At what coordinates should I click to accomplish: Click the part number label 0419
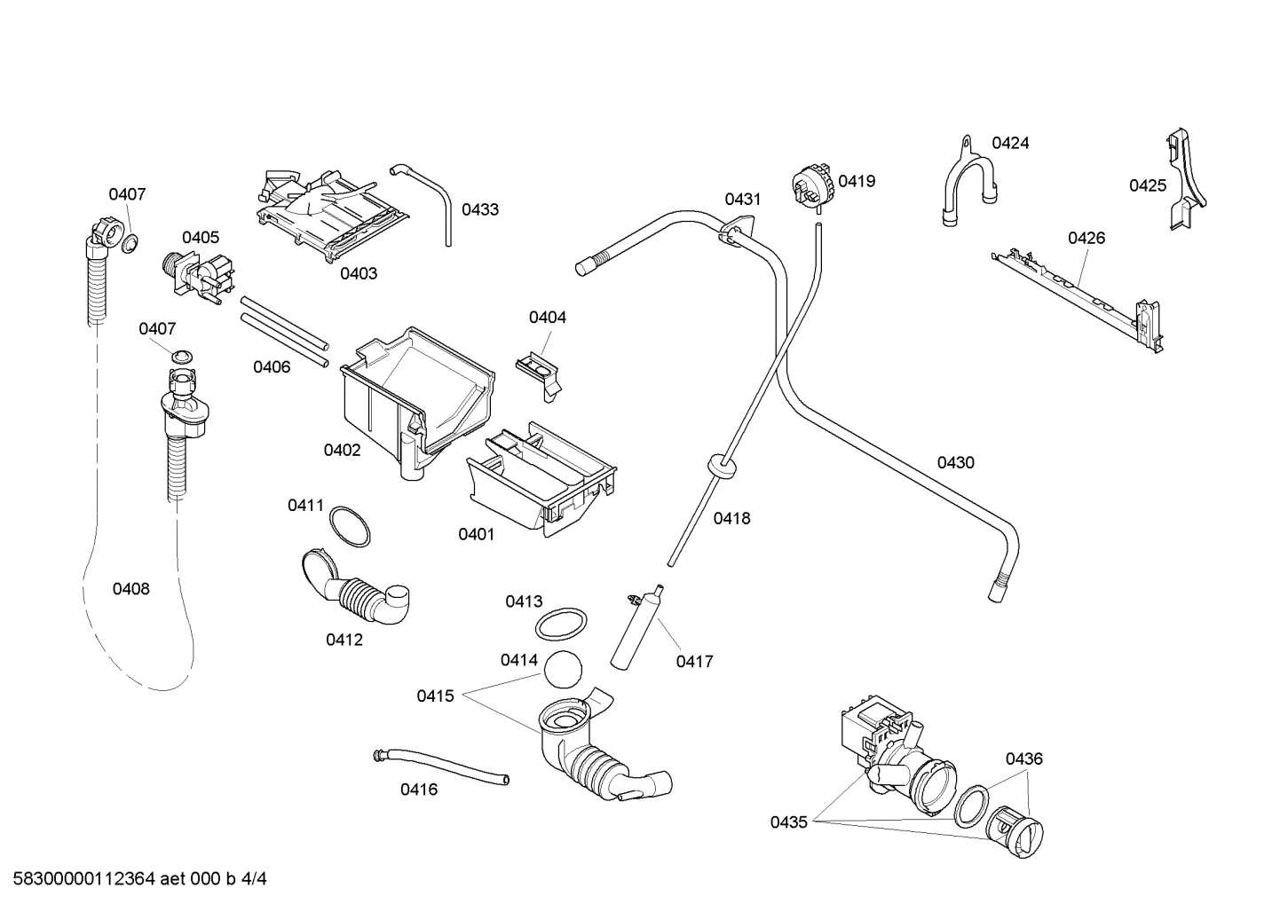857,181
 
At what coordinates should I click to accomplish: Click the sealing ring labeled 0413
561,624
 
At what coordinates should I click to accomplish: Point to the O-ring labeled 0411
350,527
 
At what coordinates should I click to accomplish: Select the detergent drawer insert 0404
539,367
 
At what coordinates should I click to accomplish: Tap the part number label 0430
955,462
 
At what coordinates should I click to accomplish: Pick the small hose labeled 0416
441,766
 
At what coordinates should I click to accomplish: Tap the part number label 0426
1086,238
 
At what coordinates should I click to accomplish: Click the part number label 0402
342,450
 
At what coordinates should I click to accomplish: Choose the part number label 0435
788,822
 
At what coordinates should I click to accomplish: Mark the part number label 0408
130,588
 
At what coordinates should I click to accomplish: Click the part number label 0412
344,640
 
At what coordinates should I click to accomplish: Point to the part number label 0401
476,534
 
